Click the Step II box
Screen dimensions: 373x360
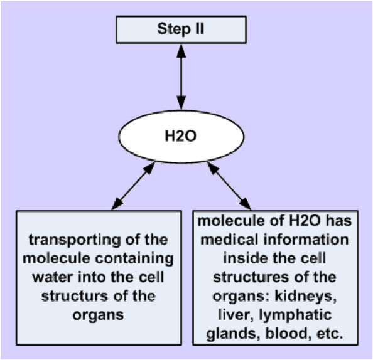(181, 29)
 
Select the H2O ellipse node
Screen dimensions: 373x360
(181, 137)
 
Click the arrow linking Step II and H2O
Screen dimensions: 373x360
(181, 77)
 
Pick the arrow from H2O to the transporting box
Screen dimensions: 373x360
(133, 186)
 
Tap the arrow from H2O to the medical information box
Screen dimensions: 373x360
(229, 186)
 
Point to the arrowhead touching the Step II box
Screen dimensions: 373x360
(181, 50)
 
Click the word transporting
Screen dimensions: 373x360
(75, 240)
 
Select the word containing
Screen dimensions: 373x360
(134, 258)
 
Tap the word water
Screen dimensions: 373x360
(53, 277)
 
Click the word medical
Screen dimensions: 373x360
(230, 240)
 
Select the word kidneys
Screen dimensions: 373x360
(306, 296)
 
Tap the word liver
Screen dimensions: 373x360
(235, 315)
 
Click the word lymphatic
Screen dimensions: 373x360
(295, 315)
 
